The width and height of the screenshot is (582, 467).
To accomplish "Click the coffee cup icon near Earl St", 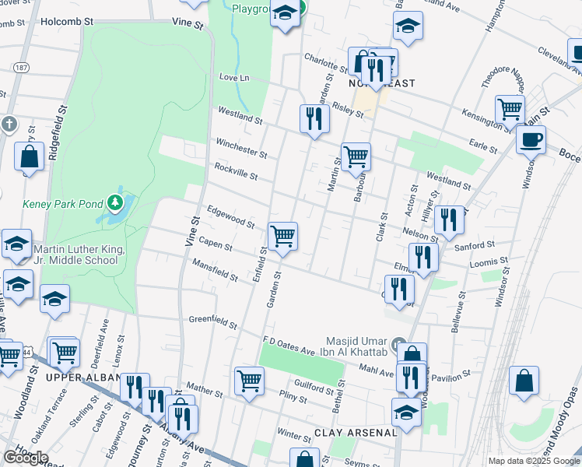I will pos(531,140).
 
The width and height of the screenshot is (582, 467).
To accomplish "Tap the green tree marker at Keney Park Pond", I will pos(116,204).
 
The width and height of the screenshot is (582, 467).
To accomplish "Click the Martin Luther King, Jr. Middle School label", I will pos(75,255).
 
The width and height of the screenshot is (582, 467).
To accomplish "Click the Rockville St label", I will pos(235,171).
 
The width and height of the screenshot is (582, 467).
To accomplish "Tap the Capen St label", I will pos(215,244).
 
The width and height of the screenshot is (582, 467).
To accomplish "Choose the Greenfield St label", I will pos(212,320).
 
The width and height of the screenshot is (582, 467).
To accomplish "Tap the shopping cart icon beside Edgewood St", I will pos(282,235).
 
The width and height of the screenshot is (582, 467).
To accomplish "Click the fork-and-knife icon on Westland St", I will pos(314,118).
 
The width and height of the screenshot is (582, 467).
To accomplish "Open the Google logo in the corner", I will pos(26,458).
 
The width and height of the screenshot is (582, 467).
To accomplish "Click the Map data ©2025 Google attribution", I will pos(534,461).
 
